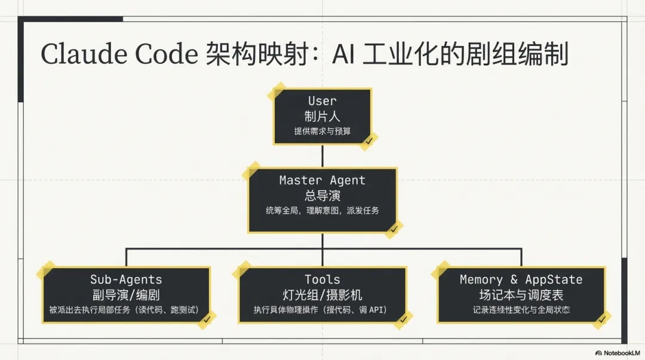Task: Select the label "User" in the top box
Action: pyautogui.click(x=322, y=101)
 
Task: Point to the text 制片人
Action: pyautogui.click(x=322, y=116)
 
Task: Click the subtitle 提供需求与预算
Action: pyautogui.click(x=322, y=131)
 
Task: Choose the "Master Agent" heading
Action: pyautogui.click(x=322, y=180)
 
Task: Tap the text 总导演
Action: pyautogui.click(x=322, y=195)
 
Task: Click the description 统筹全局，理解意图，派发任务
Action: pyautogui.click(x=322, y=210)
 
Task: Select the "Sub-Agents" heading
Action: pyautogui.click(x=126, y=279)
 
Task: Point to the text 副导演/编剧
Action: pyautogui.click(x=126, y=294)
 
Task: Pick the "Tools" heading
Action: pyautogui.click(x=322, y=279)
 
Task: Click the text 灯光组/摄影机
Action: pyautogui.click(x=322, y=294)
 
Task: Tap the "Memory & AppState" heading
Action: pyautogui.click(x=521, y=279)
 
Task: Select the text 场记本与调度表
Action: pyautogui.click(x=521, y=294)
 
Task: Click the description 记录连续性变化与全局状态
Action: pyautogui.click(x=521, y=310)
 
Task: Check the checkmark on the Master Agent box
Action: pyautogui.click(x=394, y=229)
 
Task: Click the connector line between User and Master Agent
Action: pyautogui.click(x=322, y=156)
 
